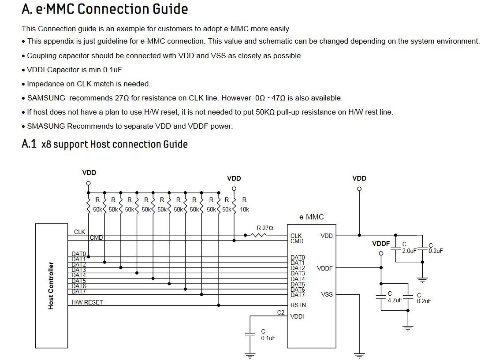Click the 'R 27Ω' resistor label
265,228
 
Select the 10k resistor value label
244,210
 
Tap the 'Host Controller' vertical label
51,286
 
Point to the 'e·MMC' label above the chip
311,217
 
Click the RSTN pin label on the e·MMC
298,305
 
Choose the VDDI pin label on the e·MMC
297,316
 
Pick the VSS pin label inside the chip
327,294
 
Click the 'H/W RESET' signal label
87,302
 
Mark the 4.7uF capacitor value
395,300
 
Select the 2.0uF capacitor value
409,250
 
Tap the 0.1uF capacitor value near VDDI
268,338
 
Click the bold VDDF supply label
381,243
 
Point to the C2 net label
280,312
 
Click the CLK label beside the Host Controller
80,232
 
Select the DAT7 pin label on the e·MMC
298,295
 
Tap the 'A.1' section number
29,144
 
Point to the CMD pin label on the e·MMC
297,241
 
